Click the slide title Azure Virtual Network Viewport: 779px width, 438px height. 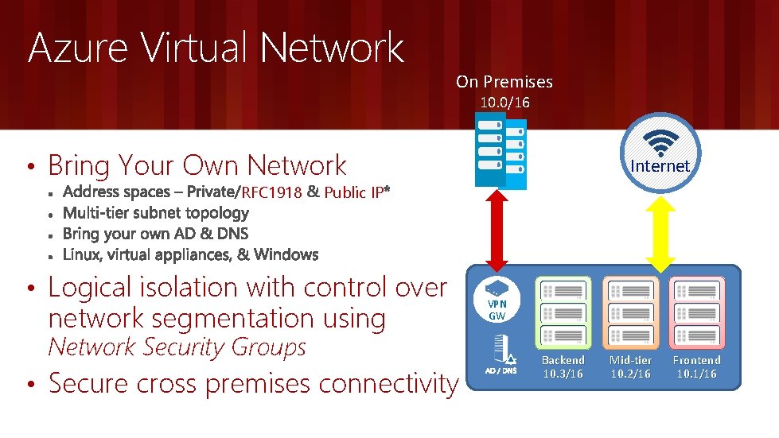point(216,48)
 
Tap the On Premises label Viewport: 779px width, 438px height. point(504,81)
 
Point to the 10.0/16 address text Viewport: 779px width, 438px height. point(504,103)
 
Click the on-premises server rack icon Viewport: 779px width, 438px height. point(501,149)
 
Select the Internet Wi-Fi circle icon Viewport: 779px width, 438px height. point(660,150)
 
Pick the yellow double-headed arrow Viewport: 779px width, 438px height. point(660,231)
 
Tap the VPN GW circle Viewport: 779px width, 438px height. point(497,301)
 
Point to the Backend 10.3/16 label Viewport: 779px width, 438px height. point(563,366)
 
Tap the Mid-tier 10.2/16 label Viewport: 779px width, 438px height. point(630,366)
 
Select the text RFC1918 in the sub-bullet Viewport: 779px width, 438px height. point(271,192)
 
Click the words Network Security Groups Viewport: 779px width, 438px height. point(177,347)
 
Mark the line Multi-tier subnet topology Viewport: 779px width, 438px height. point(155,213)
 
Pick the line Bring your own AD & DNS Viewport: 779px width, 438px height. point(155,234)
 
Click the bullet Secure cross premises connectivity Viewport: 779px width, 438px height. point(253,384)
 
